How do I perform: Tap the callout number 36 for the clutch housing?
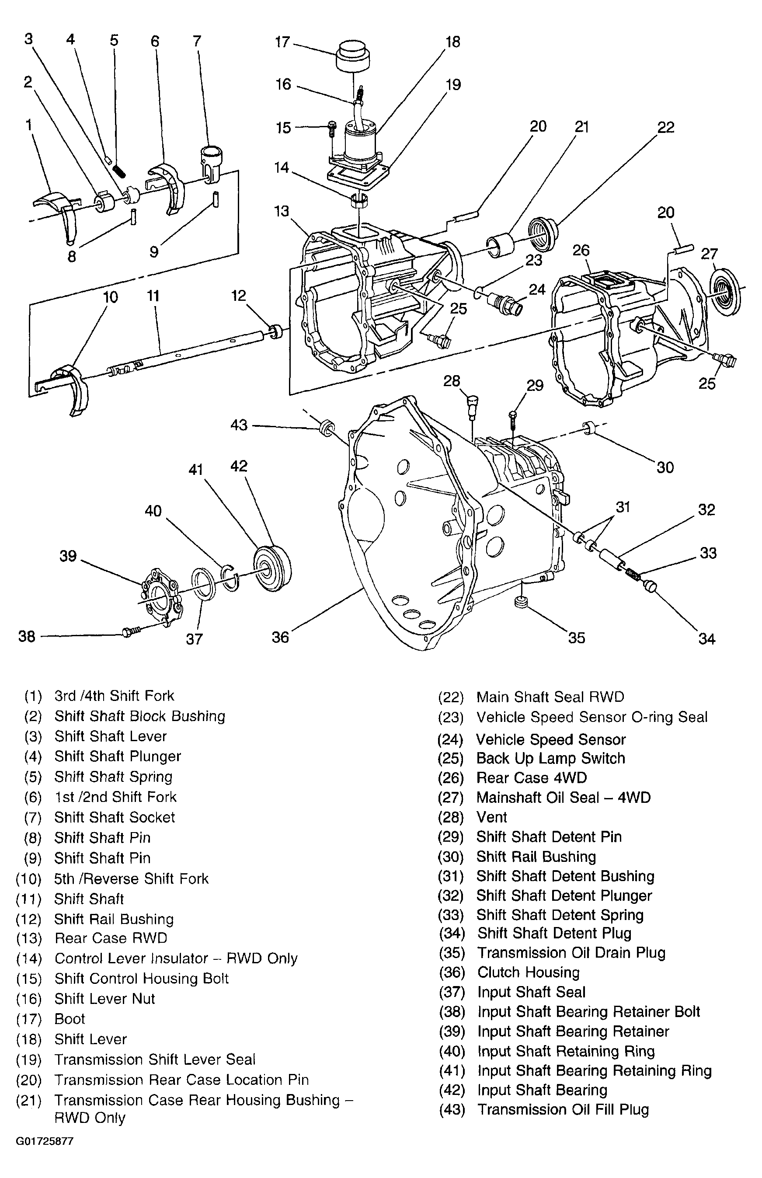click(x=280, y=637)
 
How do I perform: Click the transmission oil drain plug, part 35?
click(x=519, y=603)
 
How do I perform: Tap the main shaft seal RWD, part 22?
click(x=543, y=230)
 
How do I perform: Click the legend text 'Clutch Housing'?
click(x=528, y=972)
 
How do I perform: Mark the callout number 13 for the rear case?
click(x=282, y=211)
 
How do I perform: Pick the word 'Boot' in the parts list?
click(x=70, y=1019)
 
